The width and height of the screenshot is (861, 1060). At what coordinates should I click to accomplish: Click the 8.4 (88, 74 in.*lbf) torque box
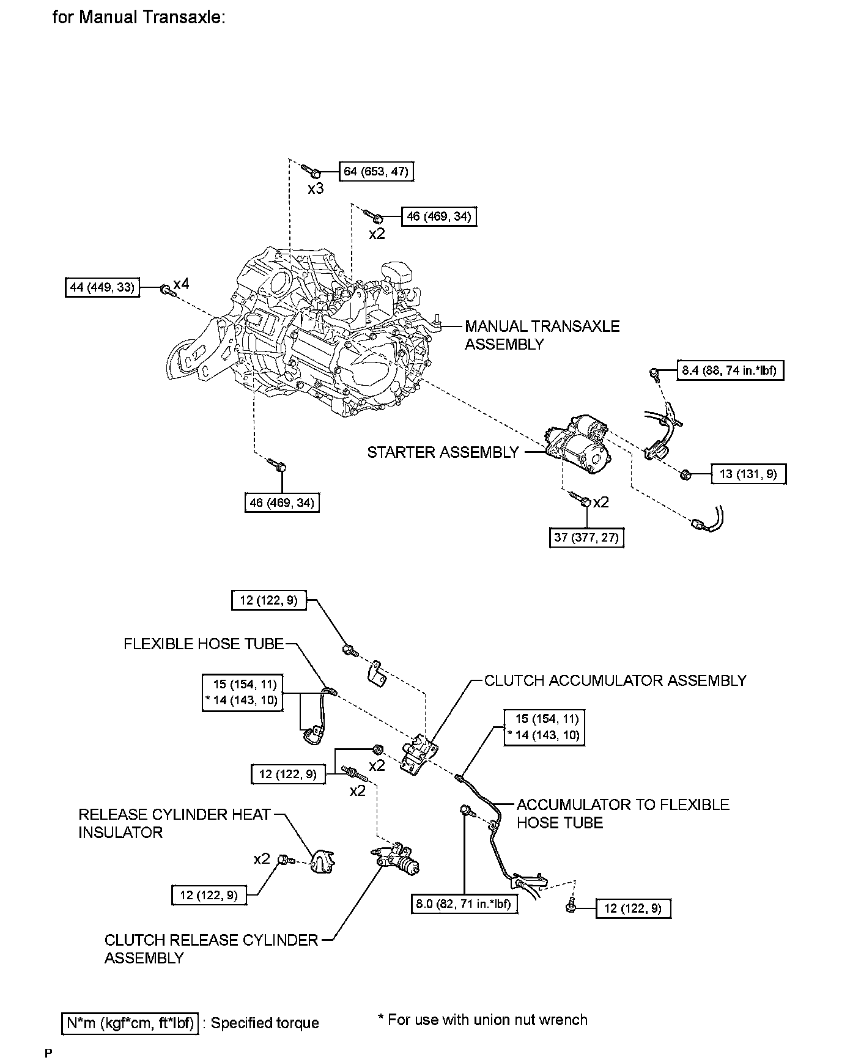tap(730, 370)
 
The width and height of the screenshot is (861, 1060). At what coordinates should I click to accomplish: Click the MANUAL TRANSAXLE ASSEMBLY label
tap(542, 335)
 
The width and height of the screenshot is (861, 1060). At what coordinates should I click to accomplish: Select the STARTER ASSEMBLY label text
tap(443, 452)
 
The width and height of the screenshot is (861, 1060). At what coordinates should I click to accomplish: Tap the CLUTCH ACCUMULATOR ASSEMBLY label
tap(615, 680)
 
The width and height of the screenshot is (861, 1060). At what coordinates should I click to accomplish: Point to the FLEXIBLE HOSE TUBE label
tap(204, 644)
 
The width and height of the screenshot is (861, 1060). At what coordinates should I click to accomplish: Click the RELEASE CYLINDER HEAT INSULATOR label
tap(174, 823)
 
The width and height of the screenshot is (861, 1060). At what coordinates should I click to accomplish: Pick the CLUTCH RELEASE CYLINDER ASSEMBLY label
tap(211, 949)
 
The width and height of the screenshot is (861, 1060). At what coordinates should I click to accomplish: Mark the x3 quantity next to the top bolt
tap(316, 189)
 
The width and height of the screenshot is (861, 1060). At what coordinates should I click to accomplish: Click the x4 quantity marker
tap(182, 284)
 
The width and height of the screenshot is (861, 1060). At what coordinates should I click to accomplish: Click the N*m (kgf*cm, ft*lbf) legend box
tap(130, 1023)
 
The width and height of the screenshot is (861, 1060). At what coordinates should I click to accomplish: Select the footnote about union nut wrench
tap(482, 1020)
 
